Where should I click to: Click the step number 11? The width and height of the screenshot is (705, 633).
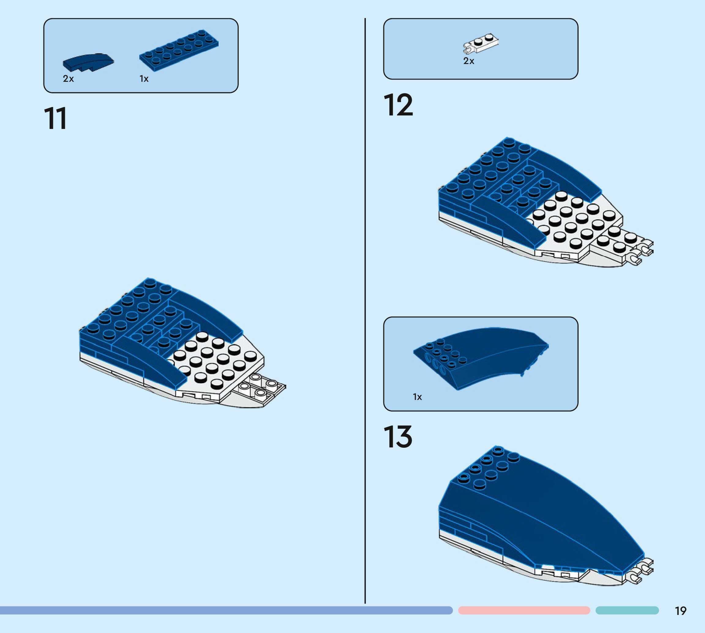[x=55, y=119]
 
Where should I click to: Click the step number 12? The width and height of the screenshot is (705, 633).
[x=398, y=105]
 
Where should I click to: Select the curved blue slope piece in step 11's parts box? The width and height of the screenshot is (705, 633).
[x=88, y=62]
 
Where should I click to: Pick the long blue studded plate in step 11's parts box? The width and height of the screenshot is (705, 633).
[x=179, y=50]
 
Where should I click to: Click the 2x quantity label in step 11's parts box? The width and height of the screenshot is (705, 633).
[x=68, y=79]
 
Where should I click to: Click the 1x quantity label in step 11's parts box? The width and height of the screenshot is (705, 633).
[x=144, y=79]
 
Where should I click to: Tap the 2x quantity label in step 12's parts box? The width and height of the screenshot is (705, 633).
[x=469, y=61]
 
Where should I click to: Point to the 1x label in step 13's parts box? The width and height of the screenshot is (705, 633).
[x=417, y=397]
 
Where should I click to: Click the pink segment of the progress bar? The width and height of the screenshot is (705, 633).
[x=524, y=610]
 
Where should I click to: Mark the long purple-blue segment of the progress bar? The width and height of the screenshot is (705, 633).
[x=226, y=610]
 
